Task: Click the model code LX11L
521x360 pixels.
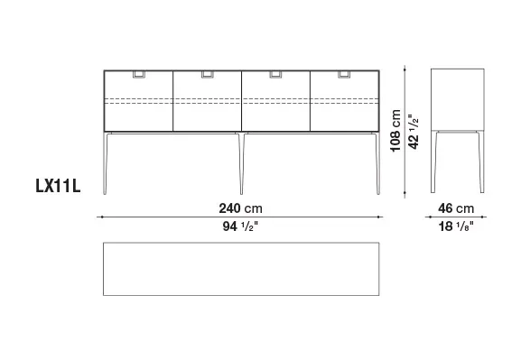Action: (58, 186)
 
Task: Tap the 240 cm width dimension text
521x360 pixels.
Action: (240, 208)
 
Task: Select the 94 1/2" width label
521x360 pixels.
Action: (240, 226)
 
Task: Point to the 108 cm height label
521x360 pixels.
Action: (395, 131)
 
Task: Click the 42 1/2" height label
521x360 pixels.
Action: (414, 132)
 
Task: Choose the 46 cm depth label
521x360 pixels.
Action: (456, 208)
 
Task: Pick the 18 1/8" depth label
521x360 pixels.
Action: (456, 226)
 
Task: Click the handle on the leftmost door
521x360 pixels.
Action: (138, 74)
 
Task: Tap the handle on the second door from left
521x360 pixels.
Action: (208, 74)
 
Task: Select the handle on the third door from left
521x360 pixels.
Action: (275, 74)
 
